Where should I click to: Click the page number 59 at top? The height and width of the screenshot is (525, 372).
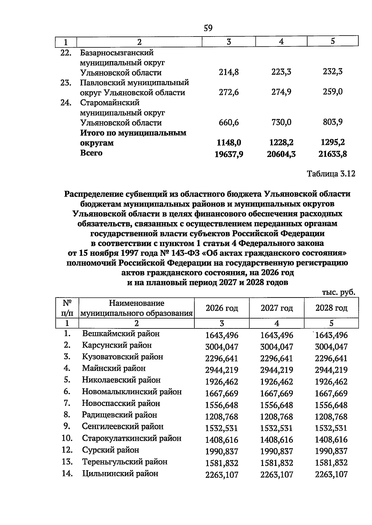(208, 28)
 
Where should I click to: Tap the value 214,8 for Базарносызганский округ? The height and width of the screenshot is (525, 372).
(229, 72)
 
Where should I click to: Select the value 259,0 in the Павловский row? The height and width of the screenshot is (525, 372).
(333, 92)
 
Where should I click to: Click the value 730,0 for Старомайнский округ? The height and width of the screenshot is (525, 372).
(281, 122)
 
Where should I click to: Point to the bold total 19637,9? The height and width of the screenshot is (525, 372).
(229, 154)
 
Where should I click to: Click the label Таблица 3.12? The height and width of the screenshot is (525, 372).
(331, 174)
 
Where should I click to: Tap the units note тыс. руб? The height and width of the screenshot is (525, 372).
(338, 292)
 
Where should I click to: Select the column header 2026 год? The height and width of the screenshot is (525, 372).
(222, 308)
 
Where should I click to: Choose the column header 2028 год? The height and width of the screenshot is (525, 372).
(331, 308)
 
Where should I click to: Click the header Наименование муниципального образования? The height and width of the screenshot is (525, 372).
(136, 308)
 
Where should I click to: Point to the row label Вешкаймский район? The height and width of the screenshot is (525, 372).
(121, 334)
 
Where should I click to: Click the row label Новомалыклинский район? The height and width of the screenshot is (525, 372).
(132, 392)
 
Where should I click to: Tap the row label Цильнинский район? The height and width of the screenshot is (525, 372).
(120, 474)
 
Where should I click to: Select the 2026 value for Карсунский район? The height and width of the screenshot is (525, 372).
(222, 347)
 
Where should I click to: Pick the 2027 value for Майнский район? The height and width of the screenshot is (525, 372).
(277, 370)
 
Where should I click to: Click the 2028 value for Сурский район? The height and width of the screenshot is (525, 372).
(331, 452)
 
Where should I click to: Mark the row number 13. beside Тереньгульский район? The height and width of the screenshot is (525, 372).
(67, 462)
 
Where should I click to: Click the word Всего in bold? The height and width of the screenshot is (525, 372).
(91, 153)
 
